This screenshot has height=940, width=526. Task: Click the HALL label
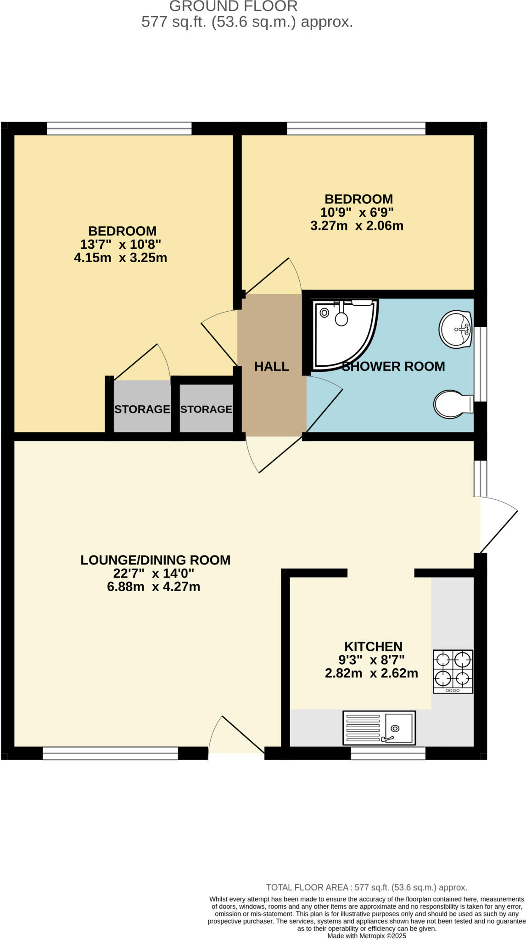click(x=272, y=366)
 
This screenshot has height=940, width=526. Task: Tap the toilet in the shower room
click(x=453, y=404)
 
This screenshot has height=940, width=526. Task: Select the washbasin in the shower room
click(x=455, y=329)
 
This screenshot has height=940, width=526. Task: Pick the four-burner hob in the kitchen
click(x=453, y=671)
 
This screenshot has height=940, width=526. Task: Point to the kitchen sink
click(x=379, y=728)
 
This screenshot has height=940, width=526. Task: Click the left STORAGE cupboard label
click(x=142, y=409)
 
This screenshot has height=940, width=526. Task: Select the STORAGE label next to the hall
click(x=206, y=409)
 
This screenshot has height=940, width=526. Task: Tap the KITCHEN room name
click(x=373, y=647)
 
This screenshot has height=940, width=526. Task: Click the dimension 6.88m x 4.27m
click(x=153, y=587)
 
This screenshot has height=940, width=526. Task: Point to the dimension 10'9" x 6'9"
click(x=357, y=213)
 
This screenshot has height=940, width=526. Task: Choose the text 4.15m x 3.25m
click(x=120, y=257)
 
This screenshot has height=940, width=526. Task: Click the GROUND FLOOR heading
click(x=233, y=6)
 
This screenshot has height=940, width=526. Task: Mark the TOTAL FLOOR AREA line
click(x=367, y=888)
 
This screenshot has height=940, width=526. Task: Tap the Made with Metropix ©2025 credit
click(x=367, y=936)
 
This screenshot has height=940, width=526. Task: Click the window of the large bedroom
click(x=119, y=129)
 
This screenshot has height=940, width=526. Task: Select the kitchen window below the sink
click(x=388, y=753)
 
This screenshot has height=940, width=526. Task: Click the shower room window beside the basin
click(x=480, y=364)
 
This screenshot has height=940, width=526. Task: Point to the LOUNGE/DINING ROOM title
click(x=155, y=560)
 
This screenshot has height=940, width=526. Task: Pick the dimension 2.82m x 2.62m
click(x=371, y=673)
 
